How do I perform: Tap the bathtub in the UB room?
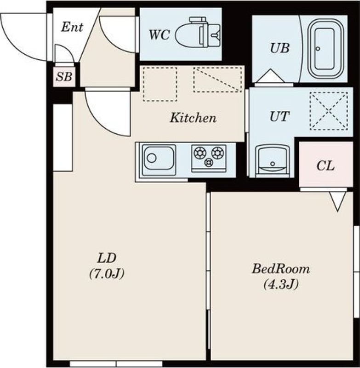pyautogui.click(x=325, y=49)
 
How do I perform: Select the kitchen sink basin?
pyautogui.click(x=160, y=160)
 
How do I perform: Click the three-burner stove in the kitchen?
pyautogui.click(x=209, y=158)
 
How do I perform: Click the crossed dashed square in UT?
pyautogui.click(x=329, y=111)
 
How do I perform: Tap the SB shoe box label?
pyautogui.click(x=64, y=77)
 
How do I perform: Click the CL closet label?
pyautogui.click(x=326, y=166)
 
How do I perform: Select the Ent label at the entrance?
pyautogui.click(x=72, y=27)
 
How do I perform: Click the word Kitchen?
pyautogui.click(x=193, y=118)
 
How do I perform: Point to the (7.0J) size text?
pyautogui.click(x=107, y=274)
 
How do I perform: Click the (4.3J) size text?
pyautogui.click(x=281, y=285)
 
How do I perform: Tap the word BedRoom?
pyautogui.click(x=281, y=269)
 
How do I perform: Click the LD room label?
pyautogui.click(x=107, y=258)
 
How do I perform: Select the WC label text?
pyautogui.click(x=159, y=35)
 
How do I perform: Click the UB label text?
pyautogui.click(x=280, y=48)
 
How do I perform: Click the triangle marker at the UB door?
pyautogui.click(x=270, y=76)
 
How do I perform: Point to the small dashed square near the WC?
pyautogui.click(x=160, y=84)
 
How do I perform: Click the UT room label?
pyautogui.click(x=280, y=116)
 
